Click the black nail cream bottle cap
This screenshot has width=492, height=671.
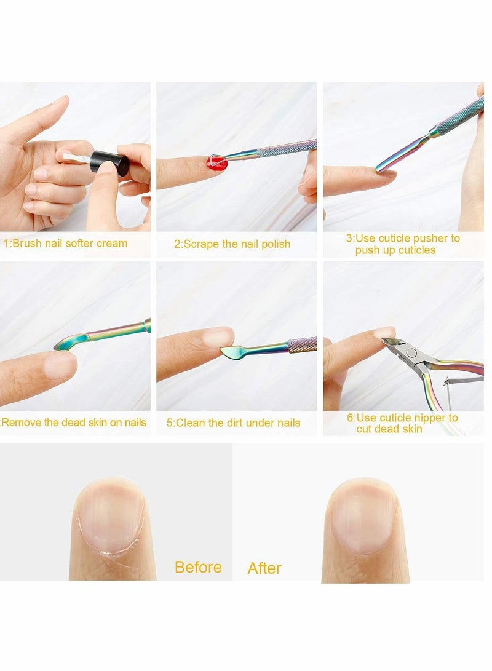[x=109, y=164]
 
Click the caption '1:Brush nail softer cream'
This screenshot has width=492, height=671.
[x=66, y=244]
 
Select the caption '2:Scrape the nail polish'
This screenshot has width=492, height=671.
[x=232, y=244]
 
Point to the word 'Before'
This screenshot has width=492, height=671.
[x=198, y=566]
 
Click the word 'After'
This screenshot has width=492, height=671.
[x=264, y=568]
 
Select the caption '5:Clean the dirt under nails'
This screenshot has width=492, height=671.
[x=233, y=423]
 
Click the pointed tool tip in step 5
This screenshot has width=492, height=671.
[x=231, y=351]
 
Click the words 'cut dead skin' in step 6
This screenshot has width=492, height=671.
[x=389, y=429]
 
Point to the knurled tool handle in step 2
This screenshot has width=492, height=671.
[x=286, y=148]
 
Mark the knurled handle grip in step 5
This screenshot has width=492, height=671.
[x=302, y=344]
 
